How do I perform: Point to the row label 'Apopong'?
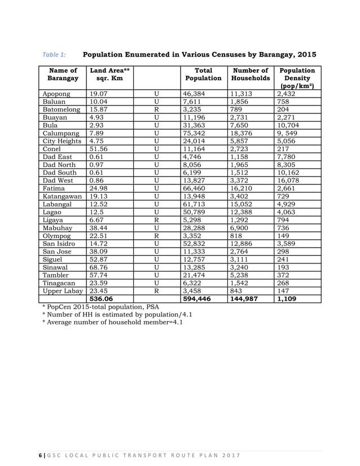tap(56, 94)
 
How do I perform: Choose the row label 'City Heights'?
tap(62, 141)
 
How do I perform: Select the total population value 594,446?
tap(200, 299)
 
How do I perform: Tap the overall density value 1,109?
tap(290, 299)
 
